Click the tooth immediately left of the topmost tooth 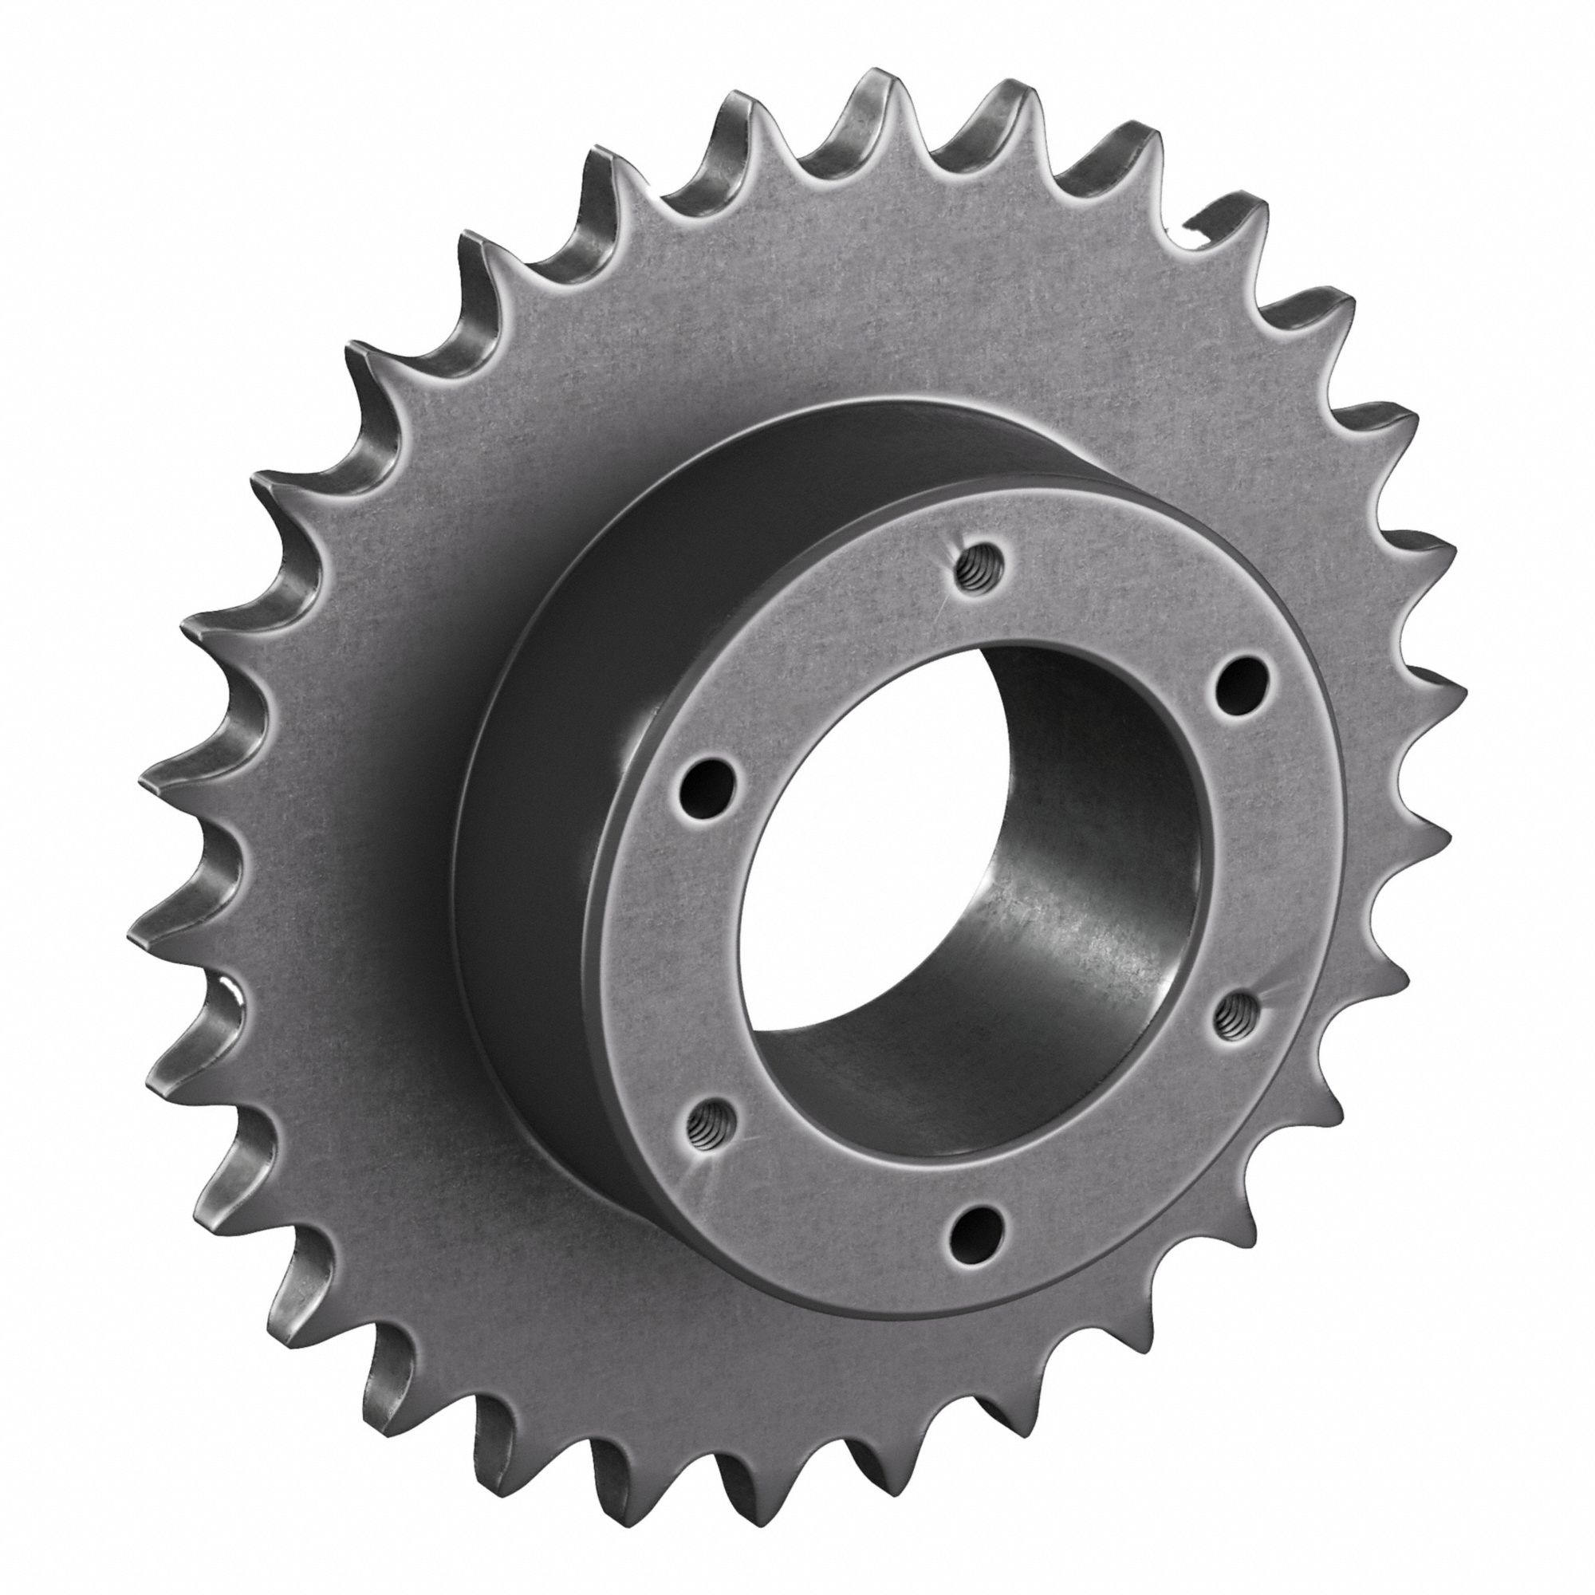(x=739, y=108)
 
